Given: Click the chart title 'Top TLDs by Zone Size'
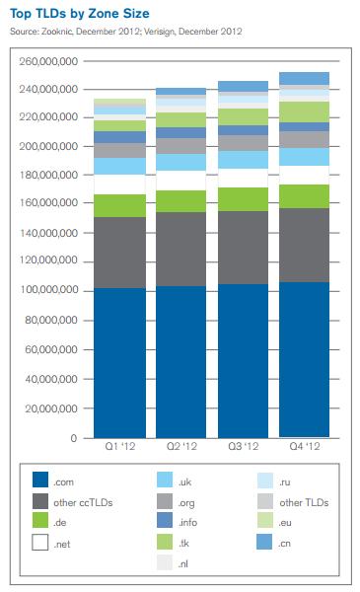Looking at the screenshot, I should pos(80,15).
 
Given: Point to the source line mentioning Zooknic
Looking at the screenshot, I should pos(124,33).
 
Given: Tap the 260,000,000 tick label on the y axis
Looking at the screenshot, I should pos(49,61).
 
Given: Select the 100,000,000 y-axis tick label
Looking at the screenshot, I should pos(49,291).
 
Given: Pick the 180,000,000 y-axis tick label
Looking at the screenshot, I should pos(49,177).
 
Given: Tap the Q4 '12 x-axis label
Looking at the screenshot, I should pos(303,448).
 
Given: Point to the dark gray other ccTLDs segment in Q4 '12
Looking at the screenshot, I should pos(303,245).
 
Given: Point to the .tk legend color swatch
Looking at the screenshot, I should pos(166,543).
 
